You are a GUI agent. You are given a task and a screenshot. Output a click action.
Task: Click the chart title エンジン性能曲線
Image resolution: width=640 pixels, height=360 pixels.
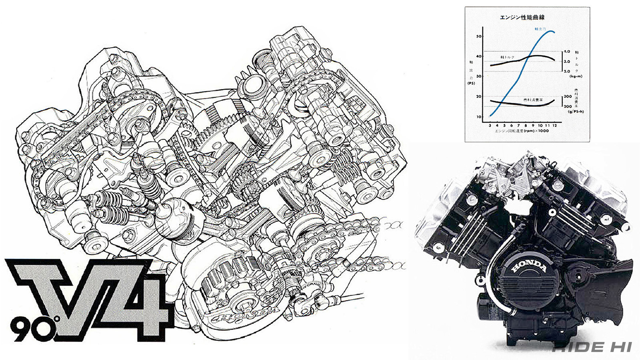[522, 17]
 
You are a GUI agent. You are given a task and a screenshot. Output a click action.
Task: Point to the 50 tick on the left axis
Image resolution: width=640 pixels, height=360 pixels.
[479, 36]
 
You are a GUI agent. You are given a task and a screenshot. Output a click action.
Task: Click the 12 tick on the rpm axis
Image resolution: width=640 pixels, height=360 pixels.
[555, 125]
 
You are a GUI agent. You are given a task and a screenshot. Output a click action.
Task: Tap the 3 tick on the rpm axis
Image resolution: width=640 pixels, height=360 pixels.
[490, 125]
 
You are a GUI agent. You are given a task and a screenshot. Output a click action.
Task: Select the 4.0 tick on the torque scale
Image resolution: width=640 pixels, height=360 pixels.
[567, 52]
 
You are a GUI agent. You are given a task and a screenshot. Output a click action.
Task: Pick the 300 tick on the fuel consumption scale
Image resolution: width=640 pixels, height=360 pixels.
[568, 96]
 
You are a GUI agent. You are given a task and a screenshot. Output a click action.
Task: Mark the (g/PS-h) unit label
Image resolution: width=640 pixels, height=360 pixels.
[574, 112]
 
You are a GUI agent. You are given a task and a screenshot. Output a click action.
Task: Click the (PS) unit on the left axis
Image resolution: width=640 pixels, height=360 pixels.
[472, 83]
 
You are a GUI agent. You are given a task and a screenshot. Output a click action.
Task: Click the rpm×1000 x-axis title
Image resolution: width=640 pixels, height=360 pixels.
[522, 131]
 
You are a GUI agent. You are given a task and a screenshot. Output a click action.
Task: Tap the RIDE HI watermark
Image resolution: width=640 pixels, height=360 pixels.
[592, 347]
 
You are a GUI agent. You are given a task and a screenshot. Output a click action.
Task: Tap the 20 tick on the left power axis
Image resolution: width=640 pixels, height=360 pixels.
[479, 96]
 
